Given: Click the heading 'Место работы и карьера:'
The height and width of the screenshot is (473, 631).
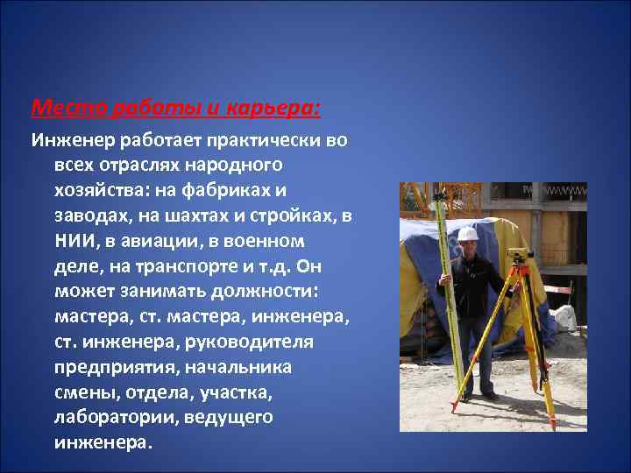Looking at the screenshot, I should click(x=175, y=109).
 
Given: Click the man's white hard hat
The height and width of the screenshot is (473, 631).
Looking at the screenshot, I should click(x=468, y=234).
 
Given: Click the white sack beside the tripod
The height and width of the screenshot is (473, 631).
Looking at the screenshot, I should click(x=565, y=317).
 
